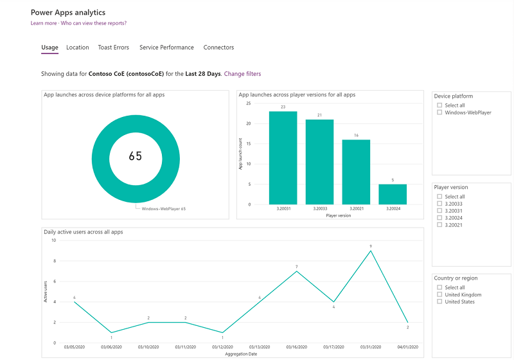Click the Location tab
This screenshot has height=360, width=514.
click(x=78, y=48)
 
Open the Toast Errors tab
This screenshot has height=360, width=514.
click(x=114, y=48)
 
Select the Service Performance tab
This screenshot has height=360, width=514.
click(x=166, y=48)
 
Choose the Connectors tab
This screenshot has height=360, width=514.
click(x=218, y=48)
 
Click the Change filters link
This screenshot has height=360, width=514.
click(x=242, y=74)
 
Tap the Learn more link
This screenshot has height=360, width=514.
click(x=44, y=23)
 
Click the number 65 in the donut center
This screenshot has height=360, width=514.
click(x=135, y=156)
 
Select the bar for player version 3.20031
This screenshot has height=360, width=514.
click(x=283, y=157)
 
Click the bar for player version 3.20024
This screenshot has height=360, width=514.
click(x=392, y=194)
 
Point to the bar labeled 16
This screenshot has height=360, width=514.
click(x=355, y=172)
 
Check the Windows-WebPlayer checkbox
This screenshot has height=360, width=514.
click(x=439, y=113)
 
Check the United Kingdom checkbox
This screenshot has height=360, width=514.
click(x=439, y=294)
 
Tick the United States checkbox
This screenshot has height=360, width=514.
click(x=439, y=301)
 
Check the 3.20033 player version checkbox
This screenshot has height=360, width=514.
click(x=439, y=204)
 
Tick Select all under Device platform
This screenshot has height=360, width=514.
click(x=439, y=105)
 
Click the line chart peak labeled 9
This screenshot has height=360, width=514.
click(x=370, y=251)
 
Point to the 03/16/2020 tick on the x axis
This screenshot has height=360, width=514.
click(x=296, y=348)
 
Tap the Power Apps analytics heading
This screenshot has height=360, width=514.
click(x=68, y=12)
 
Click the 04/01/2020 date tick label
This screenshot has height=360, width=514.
click(x=407, y=348)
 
